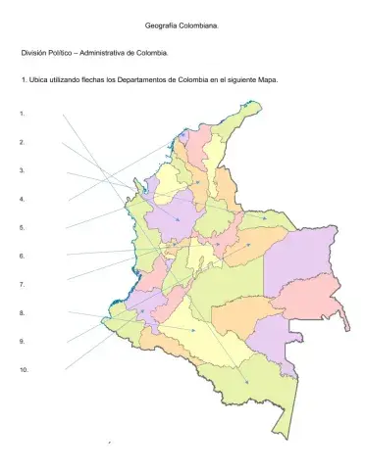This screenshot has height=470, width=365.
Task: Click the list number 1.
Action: coord(22,114)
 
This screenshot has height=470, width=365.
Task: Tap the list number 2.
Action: coord(22,142)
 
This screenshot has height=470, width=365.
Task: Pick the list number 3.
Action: coord(22,170)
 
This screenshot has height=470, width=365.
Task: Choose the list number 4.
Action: coord(22,199)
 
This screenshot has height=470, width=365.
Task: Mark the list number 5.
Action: coord(22,227)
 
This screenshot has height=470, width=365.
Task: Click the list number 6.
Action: coord(22,256)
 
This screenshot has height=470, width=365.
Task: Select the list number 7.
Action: coord(22,284)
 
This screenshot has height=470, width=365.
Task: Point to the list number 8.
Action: coord(22,312)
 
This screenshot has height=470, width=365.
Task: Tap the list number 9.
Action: coord(22,341)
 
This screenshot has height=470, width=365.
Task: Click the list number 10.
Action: coord(24,369)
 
